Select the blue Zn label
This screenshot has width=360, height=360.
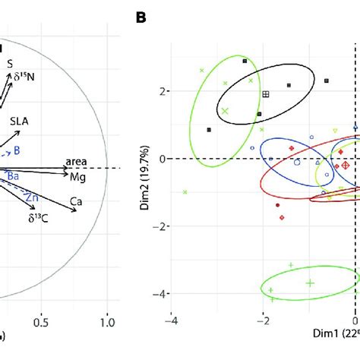click(x=32, y=197)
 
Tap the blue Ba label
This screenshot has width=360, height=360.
click(x=13, y=175)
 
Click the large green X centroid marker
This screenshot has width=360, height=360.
click(x=225, y=111)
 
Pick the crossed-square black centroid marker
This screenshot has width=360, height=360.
click(x=266, y=94)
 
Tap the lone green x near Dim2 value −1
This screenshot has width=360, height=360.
click(x=185, y=192)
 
